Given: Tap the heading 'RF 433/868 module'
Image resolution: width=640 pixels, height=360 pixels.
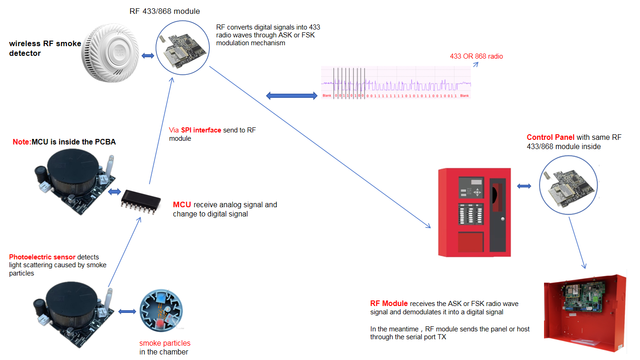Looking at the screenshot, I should pyautogui.click(x=165, y=11).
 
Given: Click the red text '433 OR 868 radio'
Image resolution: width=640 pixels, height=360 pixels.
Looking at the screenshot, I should pyautogui.click(x=476, y=56).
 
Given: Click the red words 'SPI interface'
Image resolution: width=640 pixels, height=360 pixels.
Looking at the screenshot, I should pyautogui.click(x=201, y=130).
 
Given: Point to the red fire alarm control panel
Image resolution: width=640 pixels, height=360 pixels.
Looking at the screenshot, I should pyautogui.click(x=474, y=212).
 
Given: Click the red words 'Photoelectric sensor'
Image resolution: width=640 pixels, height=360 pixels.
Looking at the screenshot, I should pyautogui.click(x=42, y=257).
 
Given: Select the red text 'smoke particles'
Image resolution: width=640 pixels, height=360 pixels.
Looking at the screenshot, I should pyautogui.click(x=165, y=343).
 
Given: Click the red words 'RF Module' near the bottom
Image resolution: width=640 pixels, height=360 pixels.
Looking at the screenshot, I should pyautogui.click(x=389, y=304).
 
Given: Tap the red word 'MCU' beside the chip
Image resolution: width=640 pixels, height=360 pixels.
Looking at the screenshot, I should pyautogui.click(x=182, y=204).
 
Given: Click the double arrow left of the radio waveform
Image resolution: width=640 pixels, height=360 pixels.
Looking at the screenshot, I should pyautogui.click(x=292, y=96).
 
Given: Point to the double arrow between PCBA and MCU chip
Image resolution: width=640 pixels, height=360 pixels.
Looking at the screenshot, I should pyautogui.click(x=114, y=192).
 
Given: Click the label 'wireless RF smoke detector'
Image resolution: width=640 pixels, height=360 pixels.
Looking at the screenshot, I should pyautogui.click(x=45, y=48).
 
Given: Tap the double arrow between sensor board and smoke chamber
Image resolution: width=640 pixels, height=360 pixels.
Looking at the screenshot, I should pyautogui.click(x=127, y=312).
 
